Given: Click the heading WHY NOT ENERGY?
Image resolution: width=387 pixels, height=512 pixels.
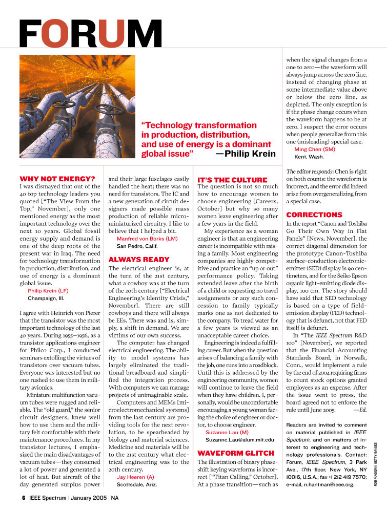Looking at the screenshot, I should coord(57,179).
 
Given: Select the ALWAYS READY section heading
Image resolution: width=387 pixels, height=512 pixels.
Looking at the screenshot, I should coord(139,260).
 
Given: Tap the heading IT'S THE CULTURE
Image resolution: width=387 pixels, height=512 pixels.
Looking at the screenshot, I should coord(232,180).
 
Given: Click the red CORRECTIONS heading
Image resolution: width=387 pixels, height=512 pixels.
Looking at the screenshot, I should coord(314,215).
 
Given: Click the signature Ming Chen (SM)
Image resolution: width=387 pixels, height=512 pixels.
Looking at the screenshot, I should coord(314,150).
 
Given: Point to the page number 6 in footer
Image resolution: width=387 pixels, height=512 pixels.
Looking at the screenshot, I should coord(23,497).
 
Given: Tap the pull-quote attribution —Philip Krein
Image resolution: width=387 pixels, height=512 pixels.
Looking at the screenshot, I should coord(246,153).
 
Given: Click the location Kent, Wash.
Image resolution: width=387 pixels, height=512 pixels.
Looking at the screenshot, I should coord(309,157).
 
